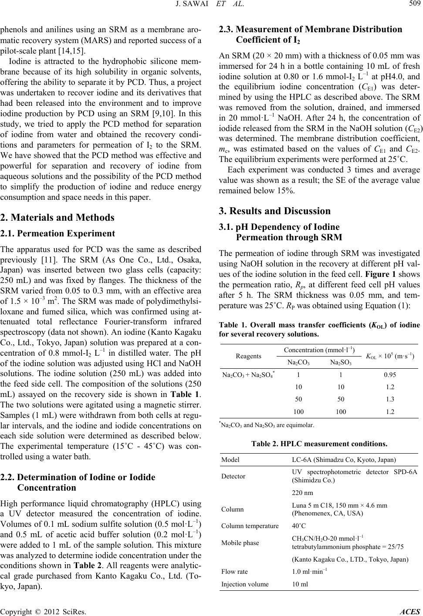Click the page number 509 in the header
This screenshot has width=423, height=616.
tap(411, 6)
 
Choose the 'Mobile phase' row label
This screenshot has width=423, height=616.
tap(239, 542)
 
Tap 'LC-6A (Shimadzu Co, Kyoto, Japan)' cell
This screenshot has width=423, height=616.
tap(344, 459)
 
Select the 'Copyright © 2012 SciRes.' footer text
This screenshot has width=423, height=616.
tap(43, 609)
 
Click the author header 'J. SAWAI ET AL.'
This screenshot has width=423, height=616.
tap(211, 6)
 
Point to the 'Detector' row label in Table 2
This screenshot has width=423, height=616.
tap(233, 476)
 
